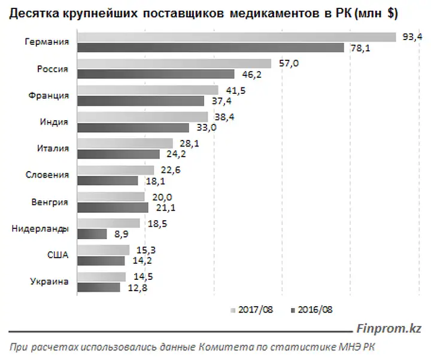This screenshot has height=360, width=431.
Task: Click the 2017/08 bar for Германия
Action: click(236, 37)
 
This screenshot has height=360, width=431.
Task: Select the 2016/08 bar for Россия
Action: click(156, 74)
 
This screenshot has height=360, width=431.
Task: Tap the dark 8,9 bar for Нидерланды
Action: click(92, 234)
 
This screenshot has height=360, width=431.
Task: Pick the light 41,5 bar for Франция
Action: click(148, 90)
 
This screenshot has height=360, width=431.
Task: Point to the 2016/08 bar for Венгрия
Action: click(113, 208)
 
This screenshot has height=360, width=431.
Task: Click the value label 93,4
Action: click(412, 37)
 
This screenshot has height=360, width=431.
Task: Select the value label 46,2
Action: click(252, 74)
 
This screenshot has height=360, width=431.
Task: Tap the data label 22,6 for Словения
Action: click(171, 170)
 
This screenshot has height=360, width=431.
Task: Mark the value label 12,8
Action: click(138, 288)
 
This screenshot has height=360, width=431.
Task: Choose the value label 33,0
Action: click(207, 128)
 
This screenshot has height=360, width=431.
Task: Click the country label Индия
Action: click(54, 121)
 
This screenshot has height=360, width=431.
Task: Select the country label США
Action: click(57, 255)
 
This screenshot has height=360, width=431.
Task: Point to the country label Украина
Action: click(49, 282)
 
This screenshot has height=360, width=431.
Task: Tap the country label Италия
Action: click(53, 148)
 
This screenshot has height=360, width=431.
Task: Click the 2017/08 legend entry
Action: click(252, 310)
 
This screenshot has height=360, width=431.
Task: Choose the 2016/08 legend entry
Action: click(312, 310)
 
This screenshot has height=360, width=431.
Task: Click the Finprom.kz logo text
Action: click(388, 328)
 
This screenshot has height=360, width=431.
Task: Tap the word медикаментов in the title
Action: click(275, 14)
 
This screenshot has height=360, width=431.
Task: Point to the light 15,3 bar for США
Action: click(104, 250)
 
